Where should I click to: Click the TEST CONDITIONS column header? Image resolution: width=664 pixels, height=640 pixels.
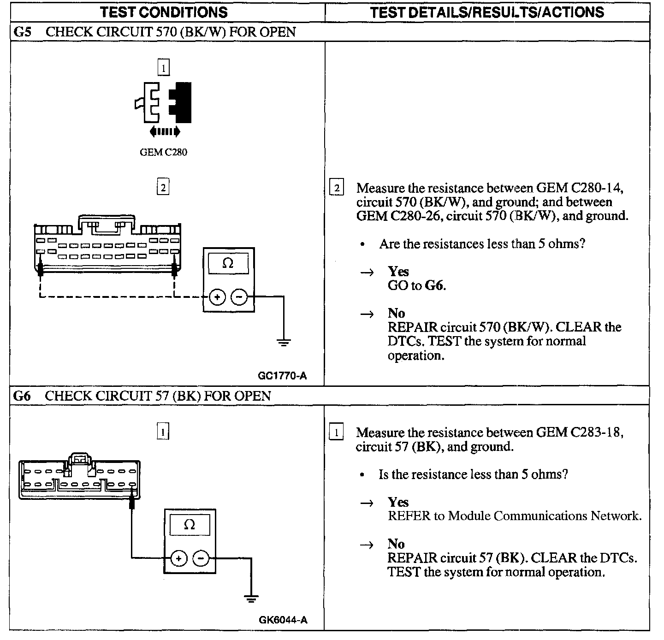pos(164,12)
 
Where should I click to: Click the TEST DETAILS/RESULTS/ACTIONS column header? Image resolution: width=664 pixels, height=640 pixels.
pos(487,12)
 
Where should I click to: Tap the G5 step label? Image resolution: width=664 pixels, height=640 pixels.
pos(22,32)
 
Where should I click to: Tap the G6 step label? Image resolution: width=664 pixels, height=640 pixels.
pos(22,396)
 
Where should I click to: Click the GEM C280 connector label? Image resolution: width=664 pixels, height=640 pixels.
pos(163,152)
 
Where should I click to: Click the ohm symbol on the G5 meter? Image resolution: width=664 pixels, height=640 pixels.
pos(228,263)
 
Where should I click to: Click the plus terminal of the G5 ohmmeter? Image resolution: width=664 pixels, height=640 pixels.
pos(217,297)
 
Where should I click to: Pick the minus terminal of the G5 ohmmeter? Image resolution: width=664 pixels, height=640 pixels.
pos(239,297)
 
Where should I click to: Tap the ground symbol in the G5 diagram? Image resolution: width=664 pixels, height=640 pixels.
pos(284,343)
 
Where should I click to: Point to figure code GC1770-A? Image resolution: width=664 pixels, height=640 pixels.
pos(282,376)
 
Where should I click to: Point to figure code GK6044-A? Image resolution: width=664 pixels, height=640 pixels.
pos(283,620)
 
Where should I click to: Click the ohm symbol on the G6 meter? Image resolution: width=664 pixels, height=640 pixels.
pos(190,525)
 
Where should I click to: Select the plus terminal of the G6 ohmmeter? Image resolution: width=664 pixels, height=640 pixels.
pos(179,558)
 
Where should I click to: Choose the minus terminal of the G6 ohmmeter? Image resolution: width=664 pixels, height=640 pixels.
pos(201,558)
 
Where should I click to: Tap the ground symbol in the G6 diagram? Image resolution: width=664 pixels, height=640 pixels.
pos(251,599)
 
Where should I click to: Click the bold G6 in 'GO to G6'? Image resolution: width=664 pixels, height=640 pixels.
pos(435,286)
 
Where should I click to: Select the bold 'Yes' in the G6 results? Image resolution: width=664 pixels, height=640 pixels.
pos(398,502)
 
